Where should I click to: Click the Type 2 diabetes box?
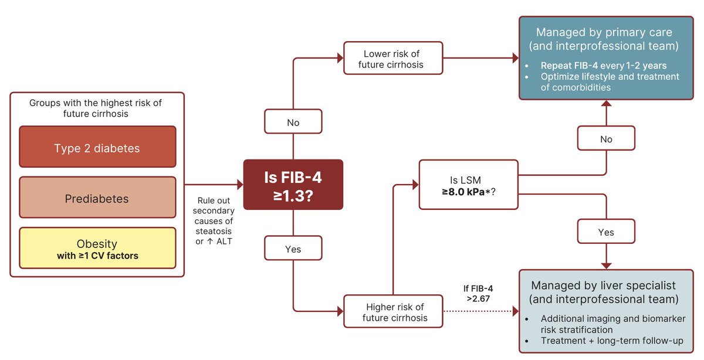tap(97, 147)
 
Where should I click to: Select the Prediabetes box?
tap(97, 197)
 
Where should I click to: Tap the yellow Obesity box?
tap(97, 248)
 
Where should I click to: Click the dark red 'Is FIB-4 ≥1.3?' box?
tap(293, 185)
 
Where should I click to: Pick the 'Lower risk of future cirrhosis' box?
tap(393, 58)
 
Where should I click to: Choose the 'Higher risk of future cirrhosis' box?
tap(393, 311)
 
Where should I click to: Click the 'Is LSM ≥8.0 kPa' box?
tap(469, 185)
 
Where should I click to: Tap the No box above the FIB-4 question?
tap(293, 121)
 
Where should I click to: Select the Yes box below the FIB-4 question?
tap(293, 248)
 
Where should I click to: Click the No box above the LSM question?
tap(606, 138)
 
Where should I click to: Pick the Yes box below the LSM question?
tap(606, 232)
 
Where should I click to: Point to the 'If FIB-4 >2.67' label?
tap(478, 293)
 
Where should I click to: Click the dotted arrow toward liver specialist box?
tap(481, 311)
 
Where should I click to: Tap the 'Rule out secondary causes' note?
tap(214, 221)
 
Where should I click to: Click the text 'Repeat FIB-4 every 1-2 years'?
tap(604, 65)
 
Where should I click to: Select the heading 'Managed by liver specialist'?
tap(603, 285)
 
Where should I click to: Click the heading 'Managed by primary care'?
tap(604, 32)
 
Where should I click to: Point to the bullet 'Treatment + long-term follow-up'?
tap(612, 341)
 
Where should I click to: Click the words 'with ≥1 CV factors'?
tap(97, 256)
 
